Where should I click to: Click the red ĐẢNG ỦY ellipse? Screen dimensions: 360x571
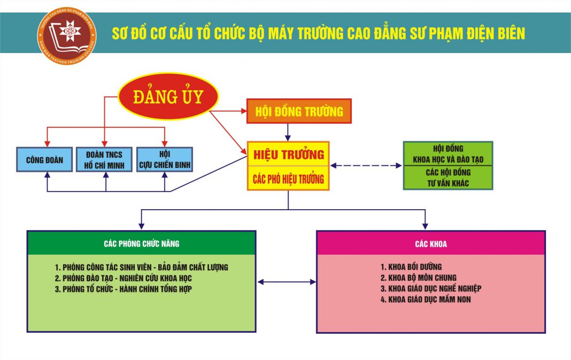pos(168,96)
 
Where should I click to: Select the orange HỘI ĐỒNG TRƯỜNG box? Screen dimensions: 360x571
pos(299,111)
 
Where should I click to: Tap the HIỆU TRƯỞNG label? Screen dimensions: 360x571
pos(288,155)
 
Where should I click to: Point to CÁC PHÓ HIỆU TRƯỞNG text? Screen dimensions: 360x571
pos(288,179)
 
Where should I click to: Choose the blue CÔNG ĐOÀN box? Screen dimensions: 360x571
pos(44,159)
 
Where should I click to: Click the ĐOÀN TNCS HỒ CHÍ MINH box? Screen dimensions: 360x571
pos(104,159)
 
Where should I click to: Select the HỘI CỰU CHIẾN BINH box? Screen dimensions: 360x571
pos(164,159)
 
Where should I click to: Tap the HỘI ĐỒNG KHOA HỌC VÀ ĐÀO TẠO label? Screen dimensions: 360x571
pos(448,154)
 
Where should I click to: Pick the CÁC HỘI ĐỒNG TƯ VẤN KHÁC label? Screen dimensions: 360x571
pos(448,178)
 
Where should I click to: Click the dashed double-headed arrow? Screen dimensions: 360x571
pos(366,166)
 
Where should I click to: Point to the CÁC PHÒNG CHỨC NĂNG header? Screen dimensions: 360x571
pos(142,243)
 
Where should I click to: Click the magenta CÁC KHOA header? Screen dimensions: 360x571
pos(431,244)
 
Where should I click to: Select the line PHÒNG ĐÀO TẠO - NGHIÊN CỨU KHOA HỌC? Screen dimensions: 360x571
pos(123,278)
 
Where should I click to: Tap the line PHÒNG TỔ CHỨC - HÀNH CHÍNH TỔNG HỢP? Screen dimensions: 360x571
pos(123,289)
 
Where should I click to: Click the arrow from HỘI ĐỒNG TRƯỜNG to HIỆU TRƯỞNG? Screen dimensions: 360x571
pos(288,132)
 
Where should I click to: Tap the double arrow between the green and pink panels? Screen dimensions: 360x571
pos(286,281)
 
